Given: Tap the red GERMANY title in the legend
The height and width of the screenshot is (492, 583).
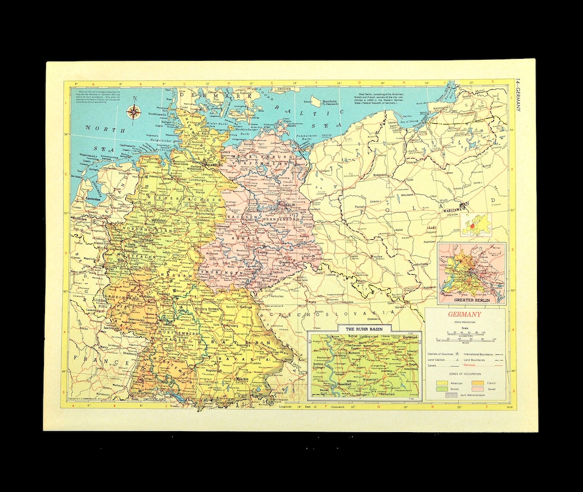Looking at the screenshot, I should pos(464,315).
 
